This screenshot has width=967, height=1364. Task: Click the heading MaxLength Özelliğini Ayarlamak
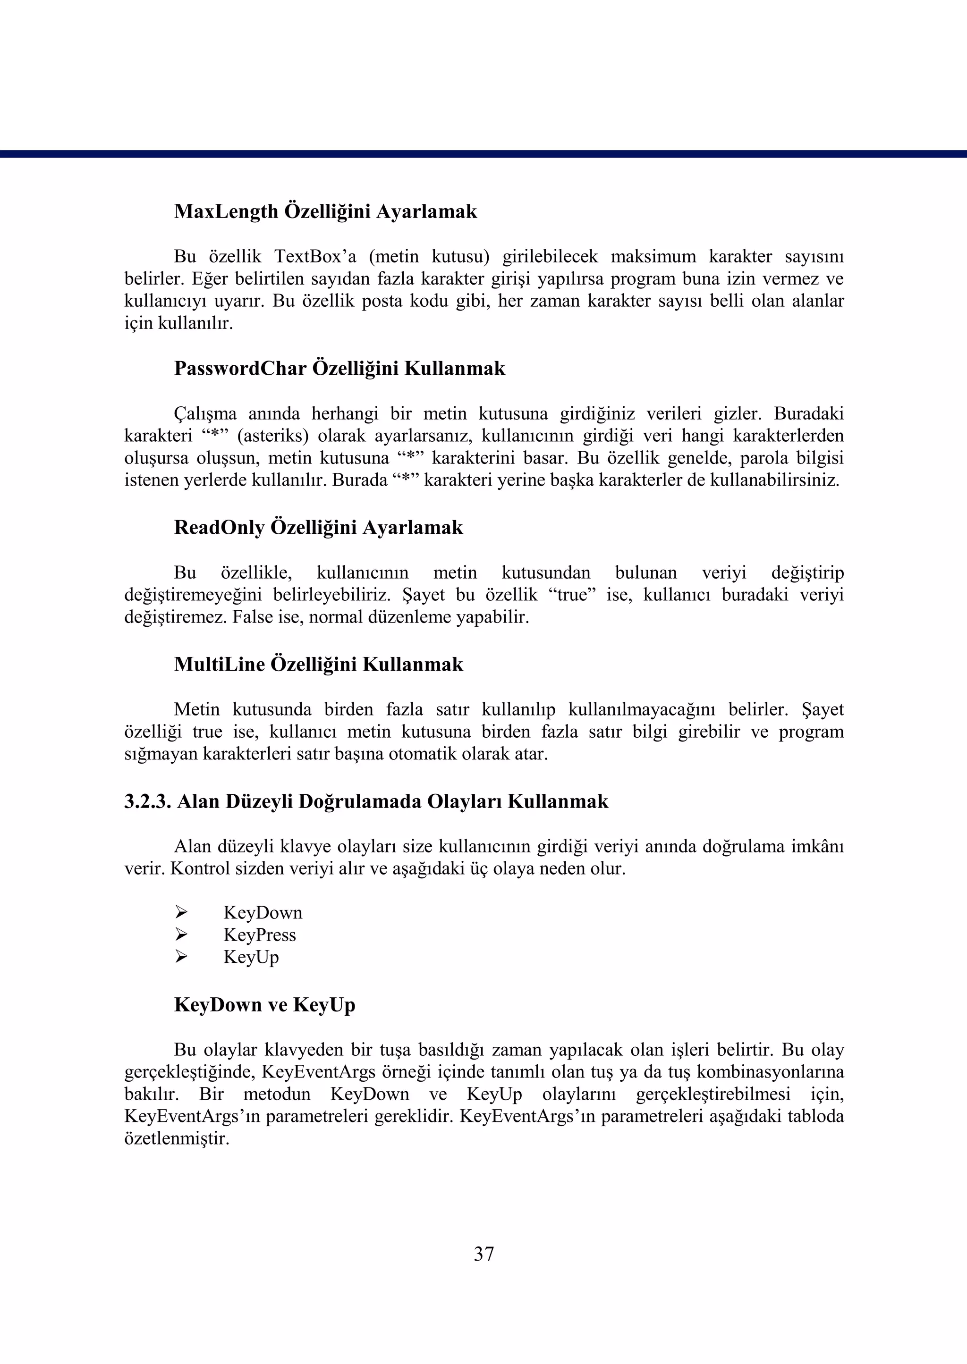[x=325, y=212]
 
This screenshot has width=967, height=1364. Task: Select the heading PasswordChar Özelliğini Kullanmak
[x=339, y=369]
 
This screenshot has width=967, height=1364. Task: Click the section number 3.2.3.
[x=148, y=801]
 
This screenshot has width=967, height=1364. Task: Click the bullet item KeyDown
[x=263, y=912]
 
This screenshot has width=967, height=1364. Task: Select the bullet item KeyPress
[x=260, y=935]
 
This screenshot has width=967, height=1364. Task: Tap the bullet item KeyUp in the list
[x=251, y=957]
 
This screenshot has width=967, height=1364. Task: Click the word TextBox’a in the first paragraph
[x=315, y=257]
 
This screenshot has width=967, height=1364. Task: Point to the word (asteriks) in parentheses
[x=273, y=436]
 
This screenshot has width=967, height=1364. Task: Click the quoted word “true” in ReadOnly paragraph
[x=572, y=595]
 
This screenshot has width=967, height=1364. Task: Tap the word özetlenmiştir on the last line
[x=176, y=1139]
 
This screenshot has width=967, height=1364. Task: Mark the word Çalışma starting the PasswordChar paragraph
[x=205, y=413]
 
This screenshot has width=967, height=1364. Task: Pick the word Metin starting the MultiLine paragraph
[x=196, y=710]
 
